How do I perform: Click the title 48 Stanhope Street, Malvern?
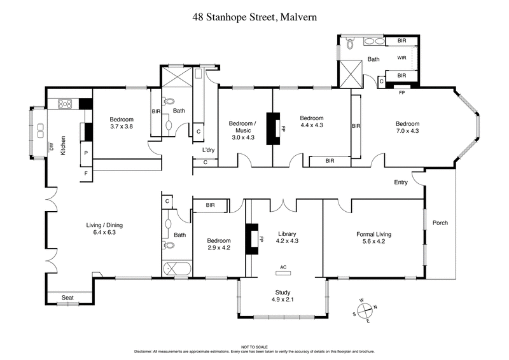point(254,18)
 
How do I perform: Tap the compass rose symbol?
point(364,310)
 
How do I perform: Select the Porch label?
point(440,223)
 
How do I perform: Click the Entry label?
point(401,183)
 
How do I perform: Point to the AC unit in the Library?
point(283,272)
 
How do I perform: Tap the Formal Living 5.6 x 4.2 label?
point(373,237)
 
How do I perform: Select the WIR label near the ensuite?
point(401,58)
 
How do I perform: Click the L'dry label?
point(207,150)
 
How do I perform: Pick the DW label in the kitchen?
point(52,146)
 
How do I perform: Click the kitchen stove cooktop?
point(66,102)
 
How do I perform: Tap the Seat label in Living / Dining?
point(67,297)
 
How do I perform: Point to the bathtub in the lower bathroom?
point(176,268)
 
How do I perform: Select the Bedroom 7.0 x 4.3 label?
point(407,127)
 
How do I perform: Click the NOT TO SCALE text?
point(254,346)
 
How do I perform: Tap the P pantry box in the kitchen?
point(85,153)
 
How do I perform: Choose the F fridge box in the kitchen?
point(85,172)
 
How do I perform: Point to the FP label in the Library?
point(261,239)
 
